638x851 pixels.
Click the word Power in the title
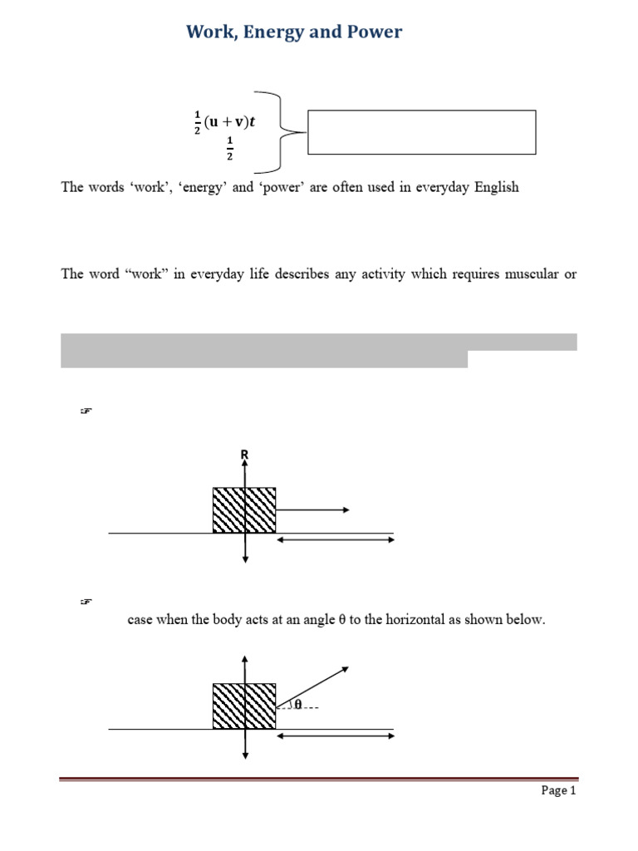pyautogui.click(x=371, y=32)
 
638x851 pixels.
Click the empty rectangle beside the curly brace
pyautogui.click(x=421, y=132)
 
